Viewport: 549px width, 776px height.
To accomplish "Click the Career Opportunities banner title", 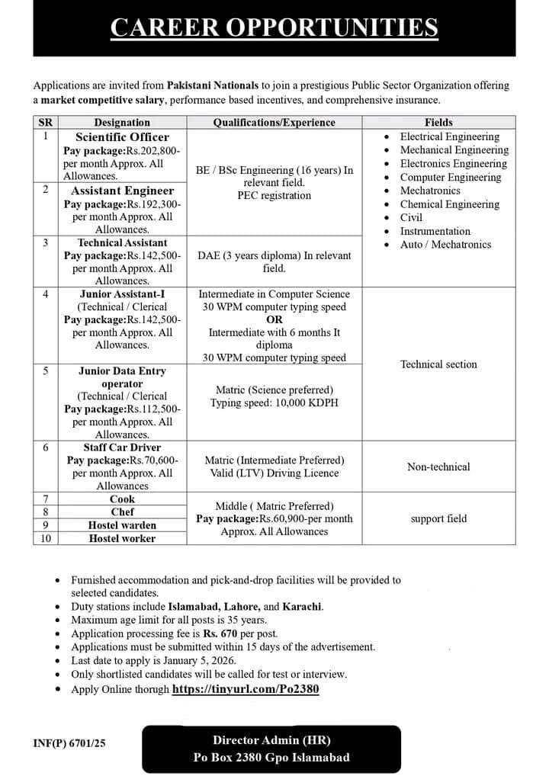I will point(274,28).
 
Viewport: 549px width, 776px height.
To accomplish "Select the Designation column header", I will point(122,122).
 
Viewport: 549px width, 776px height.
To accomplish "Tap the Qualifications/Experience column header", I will point(274,122).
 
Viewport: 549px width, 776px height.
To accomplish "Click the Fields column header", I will point(438,122).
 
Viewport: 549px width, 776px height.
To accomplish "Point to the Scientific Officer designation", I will point(122,137).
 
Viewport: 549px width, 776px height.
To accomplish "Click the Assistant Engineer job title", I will point(122,191).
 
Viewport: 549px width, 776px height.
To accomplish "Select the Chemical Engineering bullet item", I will point(449,204).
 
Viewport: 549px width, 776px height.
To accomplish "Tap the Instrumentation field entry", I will point(435,231).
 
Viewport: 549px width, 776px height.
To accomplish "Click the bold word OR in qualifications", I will point(274,320).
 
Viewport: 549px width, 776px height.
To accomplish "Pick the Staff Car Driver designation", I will point(122,447).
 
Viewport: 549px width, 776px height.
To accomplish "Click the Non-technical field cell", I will point(438,467).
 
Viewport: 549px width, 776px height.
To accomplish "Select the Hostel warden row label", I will point(122,525).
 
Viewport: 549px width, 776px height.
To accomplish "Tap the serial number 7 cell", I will point(45,499).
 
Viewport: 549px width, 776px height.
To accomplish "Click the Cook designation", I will point(122,499).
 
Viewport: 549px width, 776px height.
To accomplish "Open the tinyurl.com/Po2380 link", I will point(245,689).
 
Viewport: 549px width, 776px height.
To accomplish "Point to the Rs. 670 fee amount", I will point(219,633).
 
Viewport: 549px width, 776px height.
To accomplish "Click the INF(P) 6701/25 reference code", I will point(69,743).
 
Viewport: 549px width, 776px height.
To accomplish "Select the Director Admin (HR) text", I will point(271,739).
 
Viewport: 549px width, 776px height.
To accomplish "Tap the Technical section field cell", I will point(438,364).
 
